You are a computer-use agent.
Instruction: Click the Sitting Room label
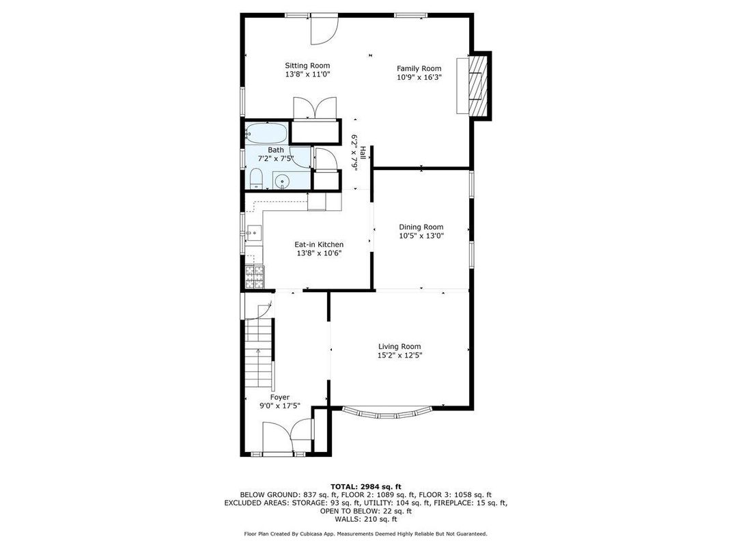[307, 66]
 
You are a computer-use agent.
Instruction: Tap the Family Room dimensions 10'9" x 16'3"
[419, 77]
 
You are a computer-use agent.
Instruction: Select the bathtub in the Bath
[266, 133]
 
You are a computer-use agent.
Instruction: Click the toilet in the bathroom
[255, 180]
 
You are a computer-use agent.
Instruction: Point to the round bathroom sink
[282, 180]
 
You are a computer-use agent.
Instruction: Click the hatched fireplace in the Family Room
[478, 85]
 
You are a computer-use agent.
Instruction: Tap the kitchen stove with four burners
[255, 277]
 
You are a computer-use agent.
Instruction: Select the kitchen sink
[255, 233]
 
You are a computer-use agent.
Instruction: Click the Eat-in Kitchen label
[319, 244]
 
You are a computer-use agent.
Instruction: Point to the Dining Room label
[421, 227]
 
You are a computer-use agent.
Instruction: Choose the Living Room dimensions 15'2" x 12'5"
[399, 355]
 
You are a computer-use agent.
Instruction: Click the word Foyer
[280, 397]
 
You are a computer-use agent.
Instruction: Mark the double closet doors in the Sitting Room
[315, 108]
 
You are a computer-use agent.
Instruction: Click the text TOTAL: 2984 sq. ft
[366, 486]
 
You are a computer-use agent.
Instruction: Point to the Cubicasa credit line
[366, 533]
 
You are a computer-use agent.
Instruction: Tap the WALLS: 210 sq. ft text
[366, 519]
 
